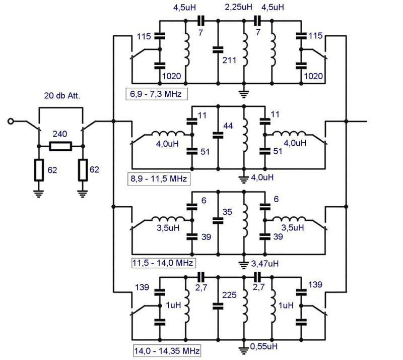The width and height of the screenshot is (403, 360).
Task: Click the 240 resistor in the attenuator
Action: coord(60,146)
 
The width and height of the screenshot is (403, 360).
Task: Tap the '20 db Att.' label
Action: coord(62,96)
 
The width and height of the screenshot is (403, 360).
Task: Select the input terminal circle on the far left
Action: coord(10,121)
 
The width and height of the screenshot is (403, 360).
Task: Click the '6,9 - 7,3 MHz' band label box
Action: coord(156,94)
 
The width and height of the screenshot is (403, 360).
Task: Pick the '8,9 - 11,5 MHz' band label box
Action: coord(159,179)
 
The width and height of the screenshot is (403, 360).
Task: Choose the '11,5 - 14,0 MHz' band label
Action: coord(163,263)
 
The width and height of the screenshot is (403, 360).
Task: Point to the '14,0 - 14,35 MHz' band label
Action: coord(167,351)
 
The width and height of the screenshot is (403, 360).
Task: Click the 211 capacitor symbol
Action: coord(218,50)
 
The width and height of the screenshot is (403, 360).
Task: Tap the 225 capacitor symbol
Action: coord(218,306)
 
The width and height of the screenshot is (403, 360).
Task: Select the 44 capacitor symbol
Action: coord(218,135)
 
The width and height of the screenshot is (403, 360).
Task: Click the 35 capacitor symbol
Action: coord(218,220)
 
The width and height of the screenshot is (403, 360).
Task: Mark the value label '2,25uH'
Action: coord(238,7)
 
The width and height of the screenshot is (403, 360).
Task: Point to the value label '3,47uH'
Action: coord(265,264)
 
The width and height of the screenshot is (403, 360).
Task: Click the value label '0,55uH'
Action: coord(264,346)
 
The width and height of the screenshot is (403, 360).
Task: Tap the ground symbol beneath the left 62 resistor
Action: coord(39,194)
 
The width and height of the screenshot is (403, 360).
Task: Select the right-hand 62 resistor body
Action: coord(83,170)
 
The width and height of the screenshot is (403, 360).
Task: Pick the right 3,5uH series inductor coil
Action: coord(289,219)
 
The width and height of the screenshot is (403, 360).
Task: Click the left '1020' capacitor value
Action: coord(171,76)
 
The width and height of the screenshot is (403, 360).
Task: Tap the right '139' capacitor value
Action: coord(315,284)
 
